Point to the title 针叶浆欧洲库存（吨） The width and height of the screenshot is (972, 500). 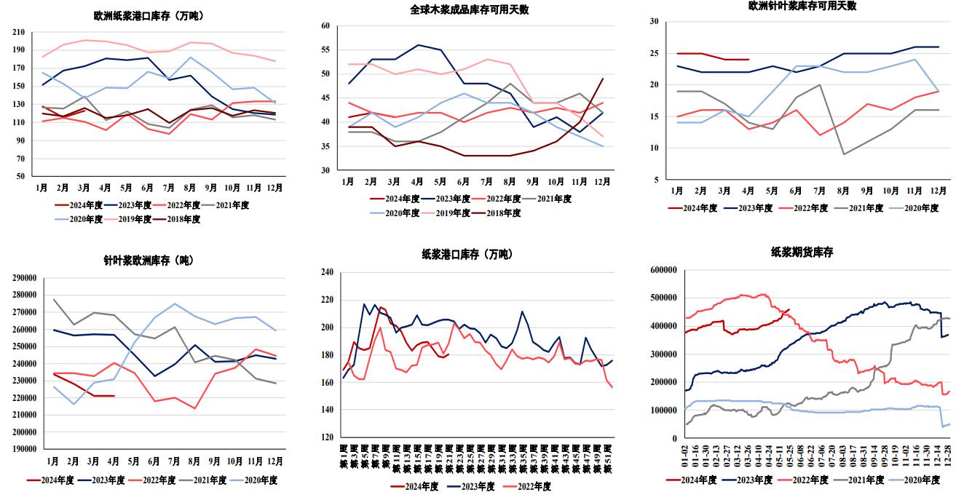coord(149,260)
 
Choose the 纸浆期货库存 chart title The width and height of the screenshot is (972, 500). coord(802,253)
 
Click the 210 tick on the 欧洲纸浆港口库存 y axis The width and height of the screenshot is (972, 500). coord(18,33)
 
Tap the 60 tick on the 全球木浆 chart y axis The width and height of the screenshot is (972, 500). coord(325,25)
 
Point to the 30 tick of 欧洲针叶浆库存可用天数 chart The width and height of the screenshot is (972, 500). coord(654,22)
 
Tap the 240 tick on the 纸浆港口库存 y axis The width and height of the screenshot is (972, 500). coord(327,272)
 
